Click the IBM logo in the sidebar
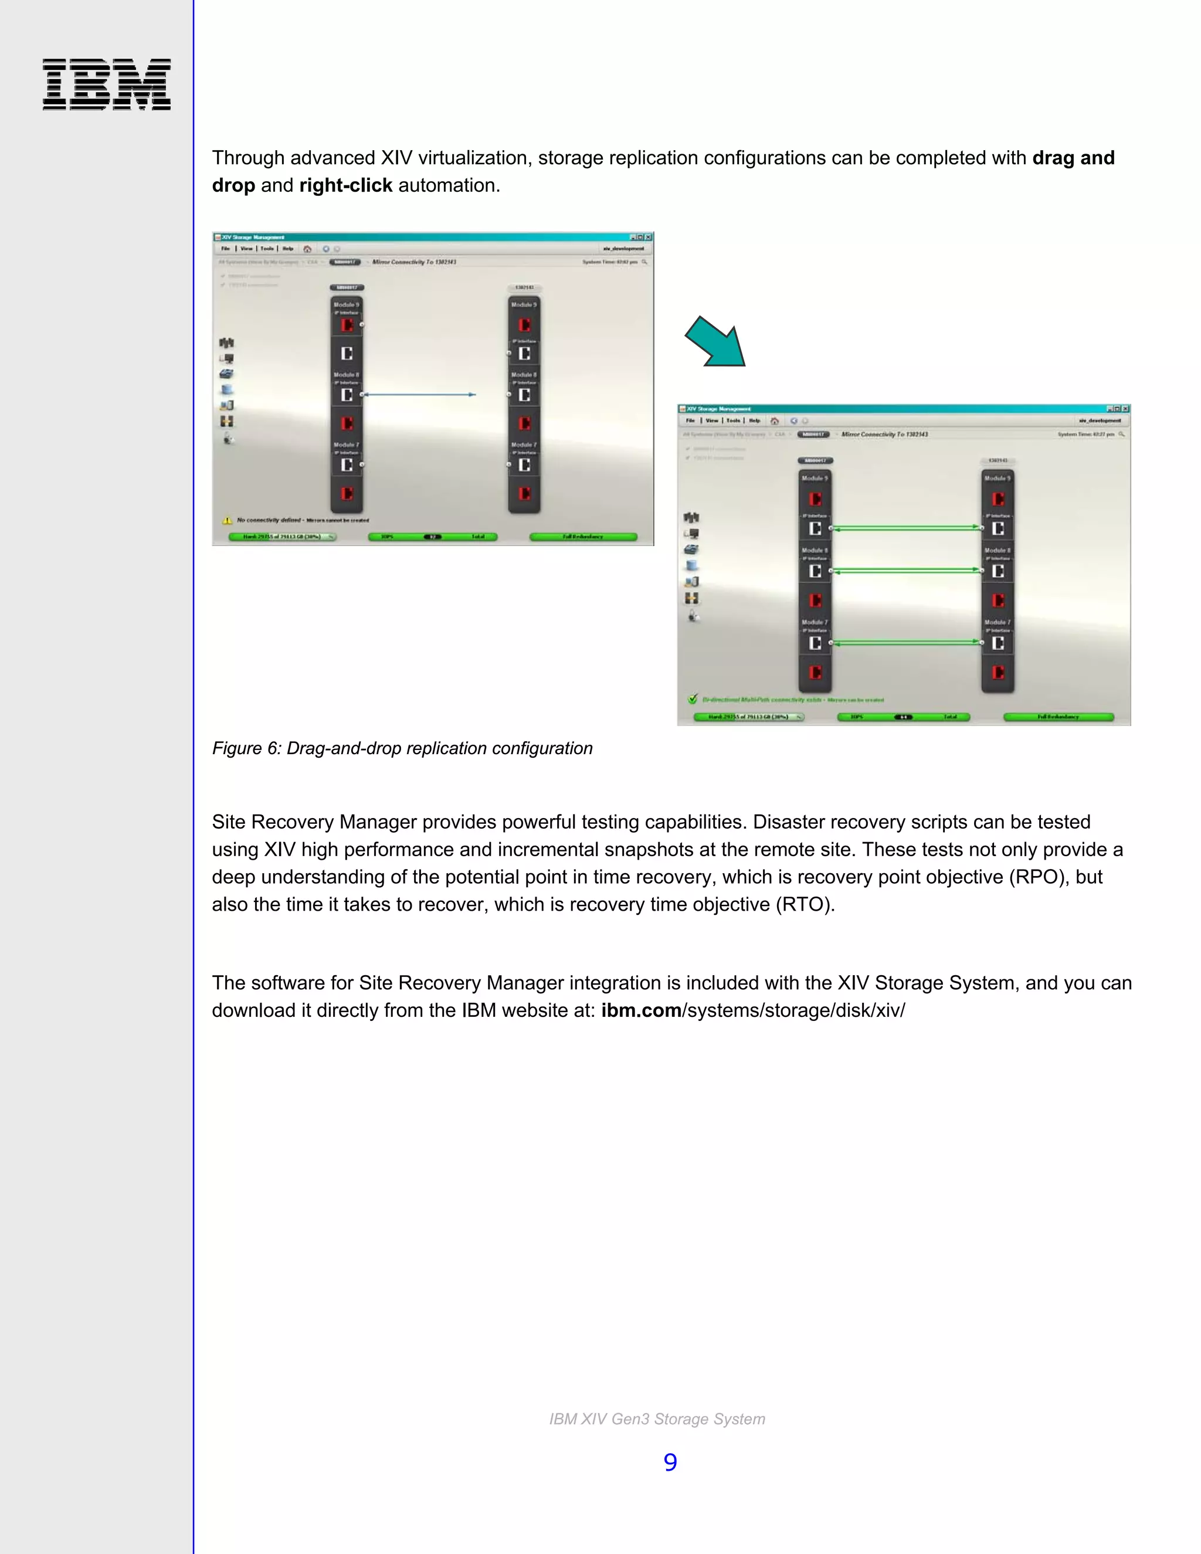(107, 84)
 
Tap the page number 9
(670, 1462)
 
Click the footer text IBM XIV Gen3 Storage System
(657, 1419)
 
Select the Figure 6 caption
(402, 748)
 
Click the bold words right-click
(346, 186)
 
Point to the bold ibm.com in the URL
(641, 1010)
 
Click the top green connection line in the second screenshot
(905, 528)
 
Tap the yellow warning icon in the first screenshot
(228, 520)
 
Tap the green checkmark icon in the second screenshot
(693, 699)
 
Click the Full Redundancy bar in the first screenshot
(583, 537)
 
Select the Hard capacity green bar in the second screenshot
(748, 717)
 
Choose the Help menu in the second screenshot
(754, 420)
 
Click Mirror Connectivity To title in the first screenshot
(414, 262)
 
